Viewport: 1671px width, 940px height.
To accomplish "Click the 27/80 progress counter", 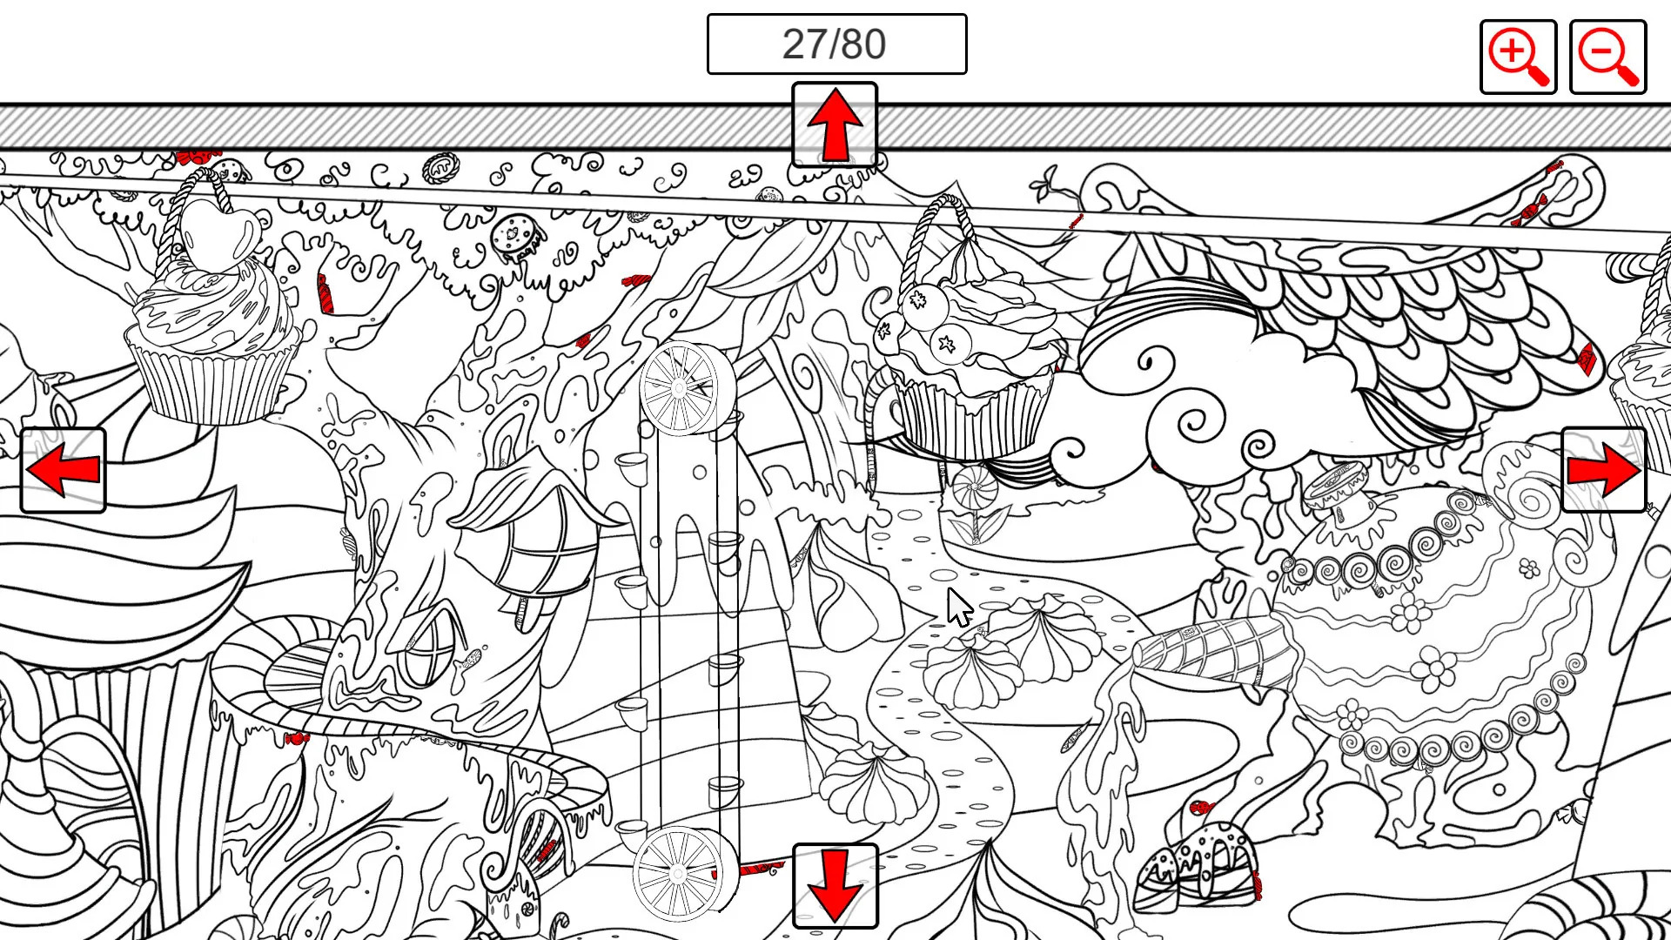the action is (835, 44).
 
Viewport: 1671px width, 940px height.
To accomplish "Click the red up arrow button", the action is (835, 124).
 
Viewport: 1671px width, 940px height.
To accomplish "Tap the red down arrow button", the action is (835, 886).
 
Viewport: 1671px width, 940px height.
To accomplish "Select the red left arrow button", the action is (64, 470).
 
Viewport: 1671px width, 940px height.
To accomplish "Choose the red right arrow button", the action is (1604, 470).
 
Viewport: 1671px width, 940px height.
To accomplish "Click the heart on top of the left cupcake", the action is (218, 233).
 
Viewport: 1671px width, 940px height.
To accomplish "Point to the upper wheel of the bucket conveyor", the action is (681, 388).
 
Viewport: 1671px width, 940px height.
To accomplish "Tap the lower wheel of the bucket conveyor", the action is (678, 873).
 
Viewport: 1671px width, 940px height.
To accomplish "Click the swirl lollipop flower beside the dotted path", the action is (975, 487).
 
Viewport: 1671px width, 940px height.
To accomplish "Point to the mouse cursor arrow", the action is (958, 607).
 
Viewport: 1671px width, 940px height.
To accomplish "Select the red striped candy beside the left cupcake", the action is (324, 294).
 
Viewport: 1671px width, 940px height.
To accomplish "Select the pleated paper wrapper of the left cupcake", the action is (213, 379).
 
